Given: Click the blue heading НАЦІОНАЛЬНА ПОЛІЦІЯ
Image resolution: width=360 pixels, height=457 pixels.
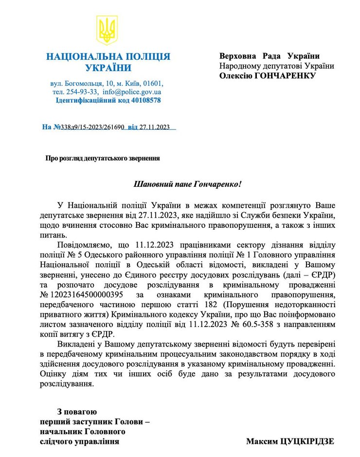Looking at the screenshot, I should point(108,57).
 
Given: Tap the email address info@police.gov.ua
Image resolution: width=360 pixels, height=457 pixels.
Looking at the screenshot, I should point(132,91).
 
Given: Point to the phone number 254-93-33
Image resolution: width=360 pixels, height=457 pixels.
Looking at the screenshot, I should point(82,91).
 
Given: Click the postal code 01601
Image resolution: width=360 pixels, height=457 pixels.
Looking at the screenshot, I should point(153,83).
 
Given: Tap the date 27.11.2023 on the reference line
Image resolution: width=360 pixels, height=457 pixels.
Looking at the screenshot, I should point(154,127).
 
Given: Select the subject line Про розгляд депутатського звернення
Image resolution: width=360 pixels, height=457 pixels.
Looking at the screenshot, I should point(103,158).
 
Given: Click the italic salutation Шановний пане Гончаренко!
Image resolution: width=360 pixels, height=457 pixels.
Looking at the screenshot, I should point(187,184).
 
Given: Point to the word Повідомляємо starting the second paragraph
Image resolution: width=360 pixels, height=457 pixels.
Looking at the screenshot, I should point(83,244).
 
